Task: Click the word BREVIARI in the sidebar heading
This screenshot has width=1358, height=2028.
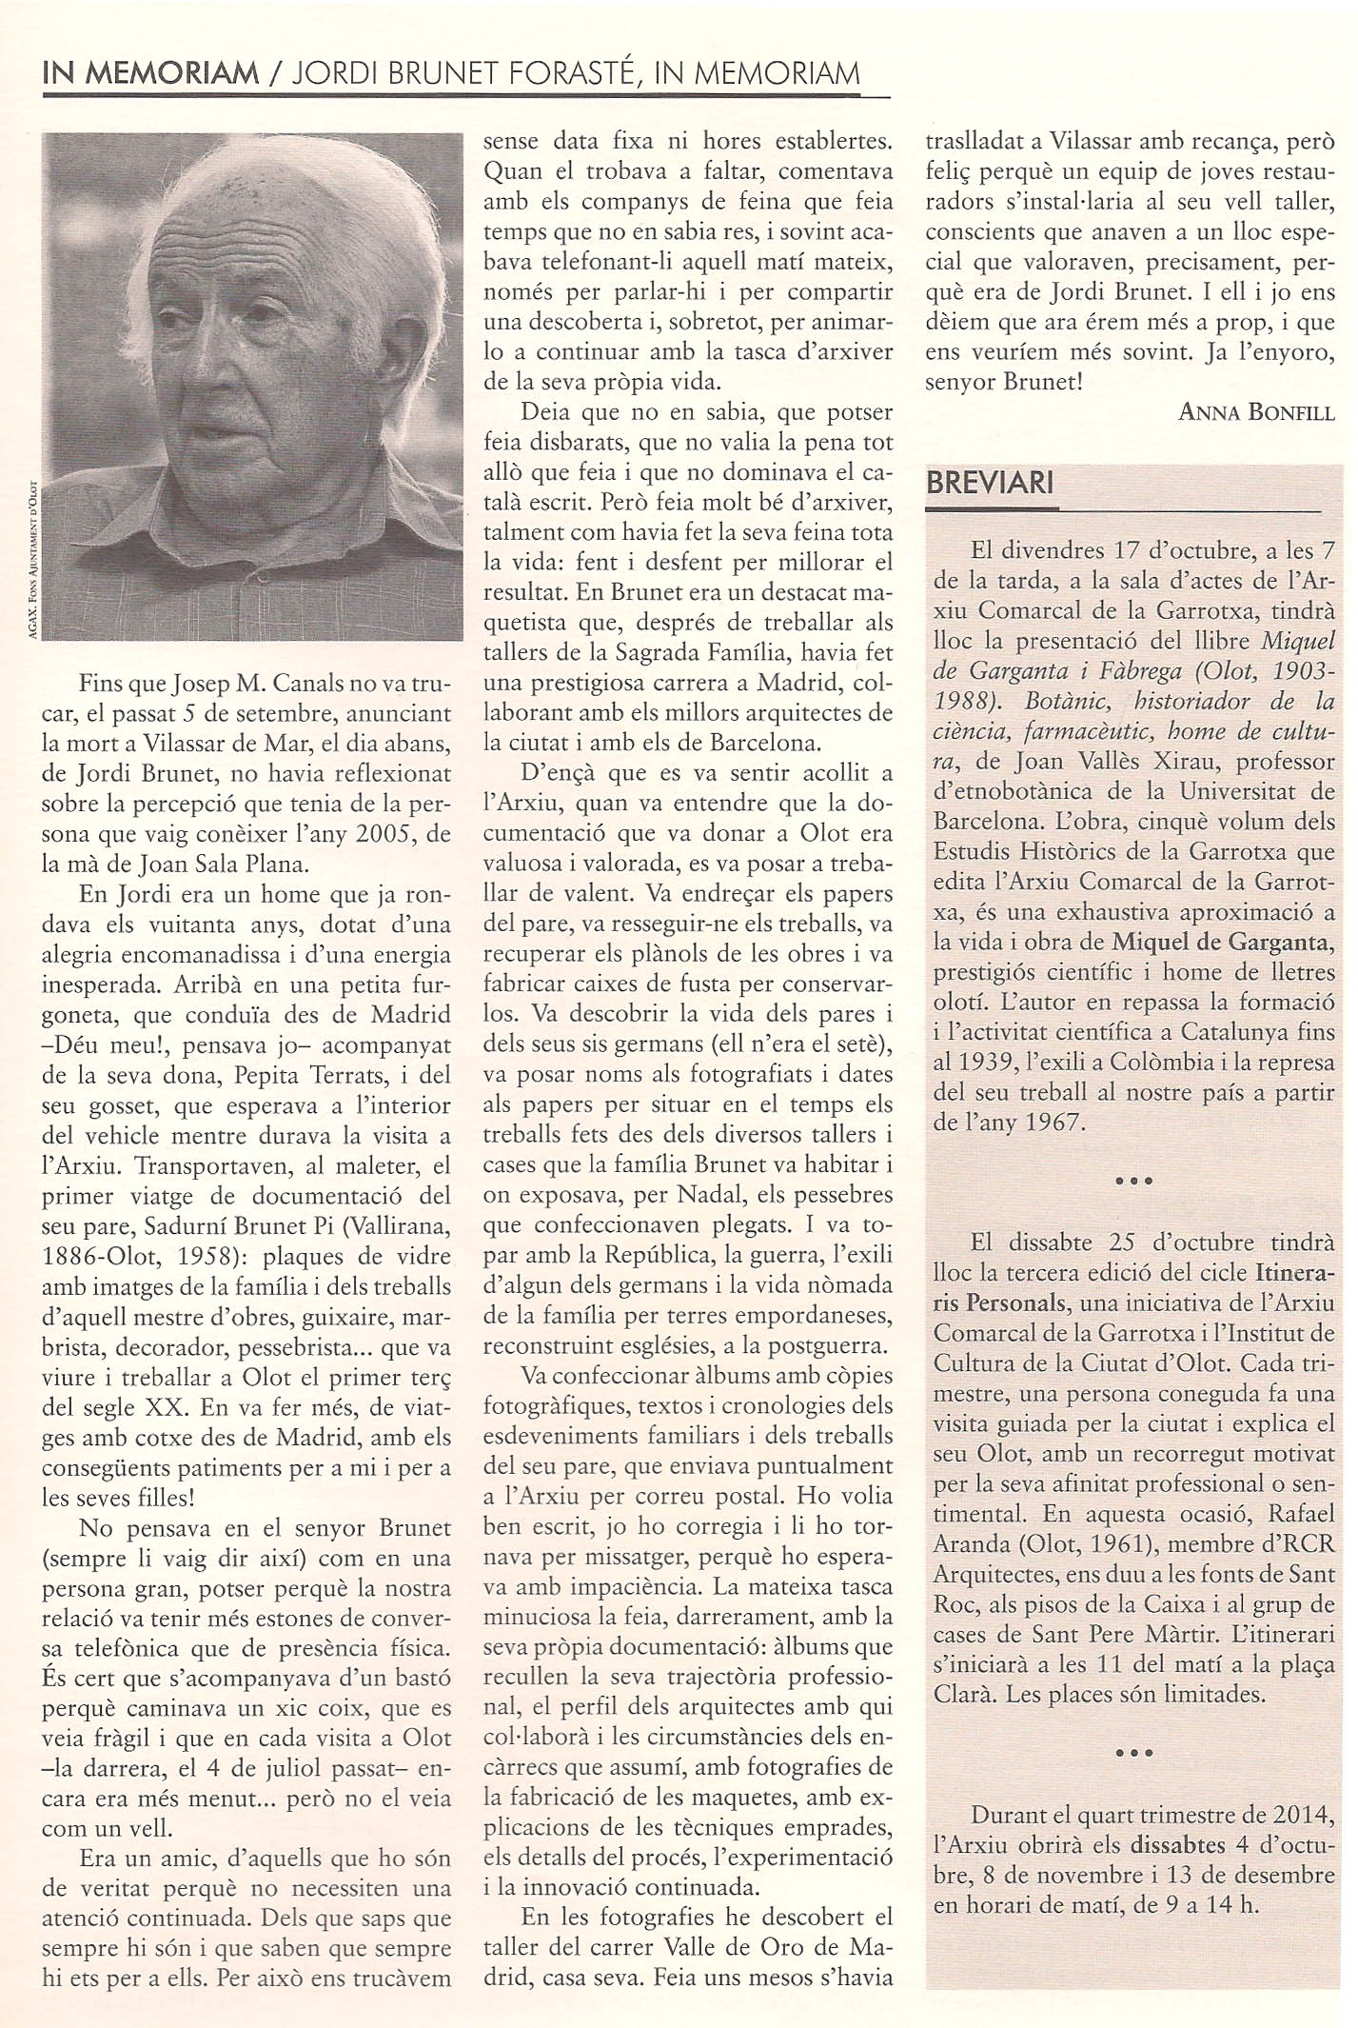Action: point(990,483)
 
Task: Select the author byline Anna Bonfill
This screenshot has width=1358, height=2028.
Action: point(1256,411)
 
